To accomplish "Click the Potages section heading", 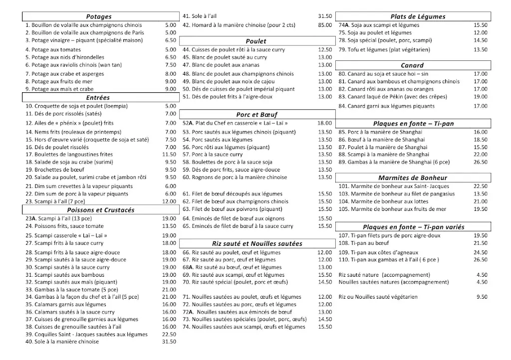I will point(99,16).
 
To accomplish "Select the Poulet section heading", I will point(256,41).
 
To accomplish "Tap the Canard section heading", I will point(412,65).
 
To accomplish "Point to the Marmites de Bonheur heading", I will point(412,178).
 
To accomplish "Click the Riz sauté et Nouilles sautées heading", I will point(256,244).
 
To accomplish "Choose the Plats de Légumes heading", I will point(418,16).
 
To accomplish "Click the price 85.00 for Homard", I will point(325,25).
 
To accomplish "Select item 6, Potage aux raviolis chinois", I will point(73,65).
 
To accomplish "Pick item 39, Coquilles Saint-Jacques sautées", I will point(86,335).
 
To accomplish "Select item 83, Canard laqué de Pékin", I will point(392,97).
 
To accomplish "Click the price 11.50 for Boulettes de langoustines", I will point(169,155).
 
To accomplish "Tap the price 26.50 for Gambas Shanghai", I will point(481,162).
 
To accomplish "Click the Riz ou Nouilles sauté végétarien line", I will point(378,297).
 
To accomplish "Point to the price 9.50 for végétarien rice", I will point(482,297).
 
